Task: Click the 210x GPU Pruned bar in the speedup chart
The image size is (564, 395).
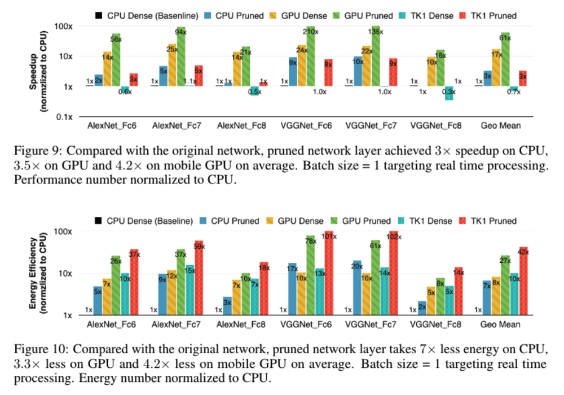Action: tap(310, 56)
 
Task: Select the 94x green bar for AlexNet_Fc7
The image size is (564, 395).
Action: tap(180, 56)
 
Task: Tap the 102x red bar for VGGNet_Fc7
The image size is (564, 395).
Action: tap(393, 276)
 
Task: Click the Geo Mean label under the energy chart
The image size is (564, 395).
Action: tap(501, 326)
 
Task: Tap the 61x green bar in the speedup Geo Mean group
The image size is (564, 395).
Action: tap(505, 59)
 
